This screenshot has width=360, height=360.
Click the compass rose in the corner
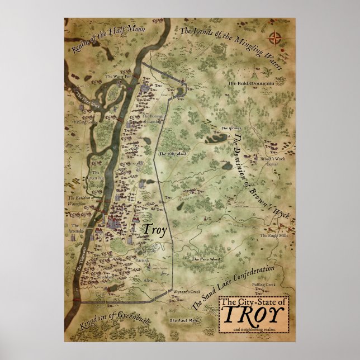(274, 39)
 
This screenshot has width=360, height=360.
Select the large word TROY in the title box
(254, 315)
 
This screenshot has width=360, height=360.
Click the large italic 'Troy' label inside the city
(147, 230)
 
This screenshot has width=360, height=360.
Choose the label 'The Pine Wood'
(204, 260)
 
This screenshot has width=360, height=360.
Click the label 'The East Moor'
(184, 320)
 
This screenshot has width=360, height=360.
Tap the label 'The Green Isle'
(93, 176)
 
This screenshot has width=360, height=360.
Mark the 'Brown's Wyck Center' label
(272, 162)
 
